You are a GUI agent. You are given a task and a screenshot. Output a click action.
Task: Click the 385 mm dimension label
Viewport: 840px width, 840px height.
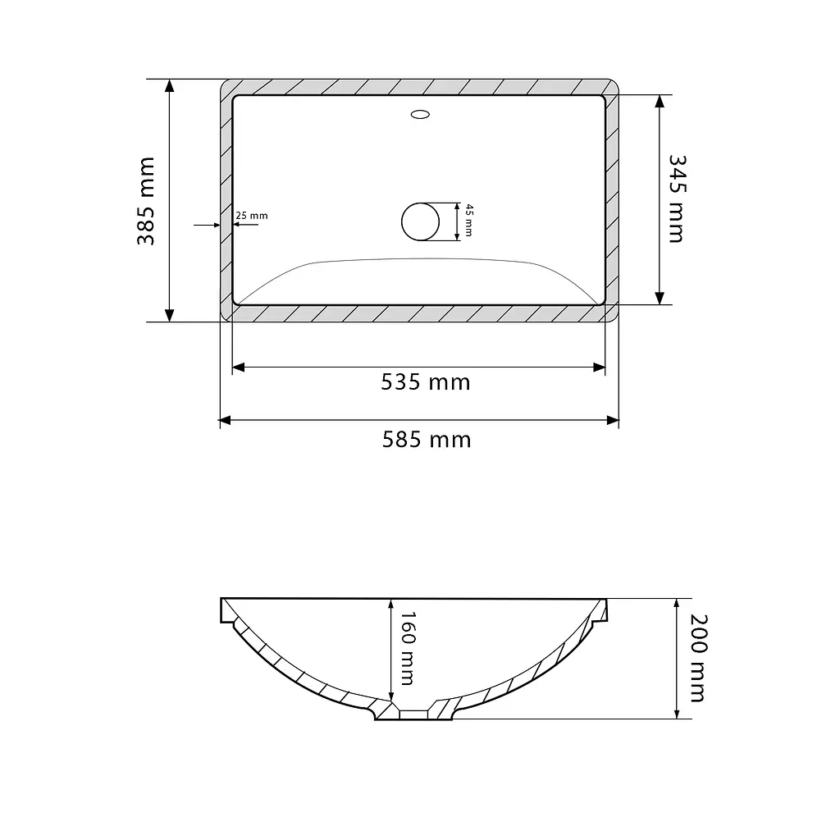(x=146, y=201)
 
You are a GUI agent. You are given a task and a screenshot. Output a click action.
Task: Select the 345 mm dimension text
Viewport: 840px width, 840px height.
(x=677, y=199)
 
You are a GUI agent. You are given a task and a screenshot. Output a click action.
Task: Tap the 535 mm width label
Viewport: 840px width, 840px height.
(x=426, y=382)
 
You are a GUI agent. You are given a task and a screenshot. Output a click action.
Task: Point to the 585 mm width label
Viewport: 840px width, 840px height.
(x=427, y=440)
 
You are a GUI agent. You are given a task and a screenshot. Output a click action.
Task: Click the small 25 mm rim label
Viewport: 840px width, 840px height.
(x=251, y=216)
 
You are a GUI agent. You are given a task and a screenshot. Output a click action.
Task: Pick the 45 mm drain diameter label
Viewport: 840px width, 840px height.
(x=468, y=220)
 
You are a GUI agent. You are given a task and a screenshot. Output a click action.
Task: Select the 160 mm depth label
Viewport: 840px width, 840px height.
(x=407, y=648)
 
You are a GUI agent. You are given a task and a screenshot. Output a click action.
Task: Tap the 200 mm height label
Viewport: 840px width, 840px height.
(x=698, y=658)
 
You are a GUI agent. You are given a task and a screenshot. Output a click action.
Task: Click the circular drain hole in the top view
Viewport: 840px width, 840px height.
(x=421, y=221)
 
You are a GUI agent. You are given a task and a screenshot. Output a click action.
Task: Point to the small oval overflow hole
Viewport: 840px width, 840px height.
(x=420, y=114)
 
